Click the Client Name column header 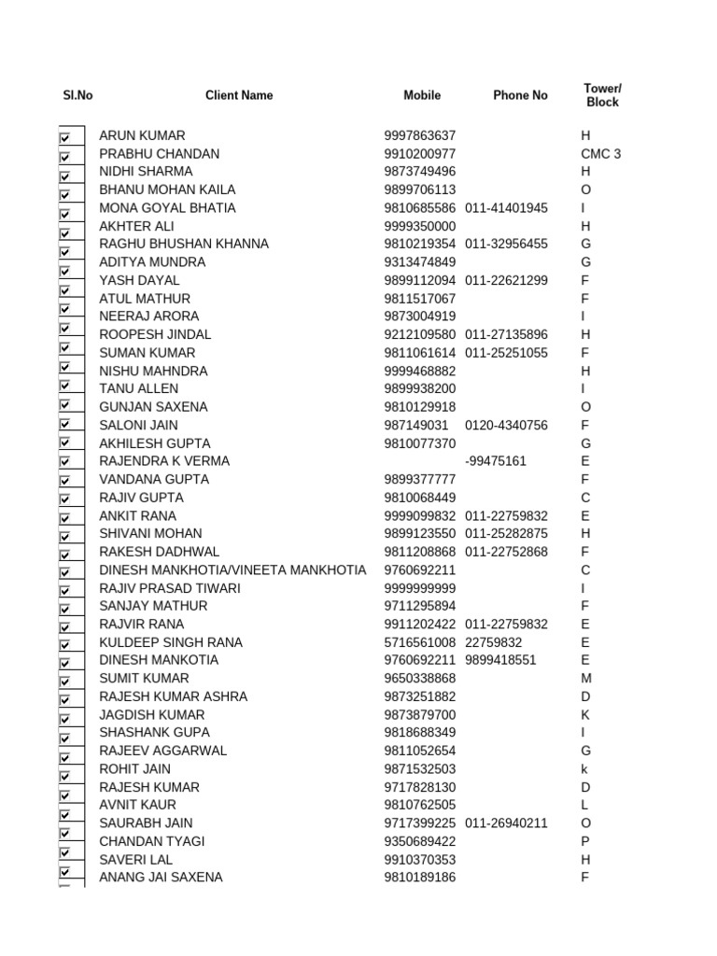pyautogui.click(x=239, y=95)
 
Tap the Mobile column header pyautogui.click(x=422, y=95)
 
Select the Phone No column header pyautogui.click(x=520, y=95)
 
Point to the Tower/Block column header pyautogui.click(x=602, y=95)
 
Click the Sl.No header pyautogui.click(x=77, y=95)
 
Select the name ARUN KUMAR pyautogui.click(x=142, y=135)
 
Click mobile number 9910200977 pyautogui.click(x=420, y=154)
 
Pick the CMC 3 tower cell pyautogui.click(x=600, y=154)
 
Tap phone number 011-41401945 pyautogui.click(x=506, y=208)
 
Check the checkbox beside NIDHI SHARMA pyautogui.click(x=65, y=176)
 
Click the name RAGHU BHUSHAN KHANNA pyautogui.click(x=184, y=244)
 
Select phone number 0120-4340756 pyautogui.click(x=506, y=426)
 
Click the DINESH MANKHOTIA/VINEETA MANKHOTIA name pyautogui.click(x=232, y=569)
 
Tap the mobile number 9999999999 pyautogui.click(x=420, y=588)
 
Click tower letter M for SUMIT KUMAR pyautogui.click(x=586, y=679)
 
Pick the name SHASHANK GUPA pyautogui.click(x=154, y=733)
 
